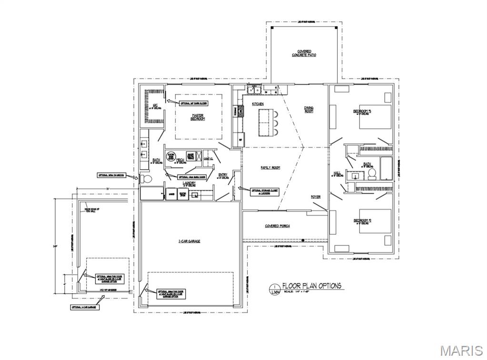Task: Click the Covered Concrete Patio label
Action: [304, 53]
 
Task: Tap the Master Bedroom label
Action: [198, 117]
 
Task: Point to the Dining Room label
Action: [308, 110]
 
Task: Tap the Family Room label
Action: [270, 168]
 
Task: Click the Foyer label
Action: [316, 197]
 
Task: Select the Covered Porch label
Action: [278, 226]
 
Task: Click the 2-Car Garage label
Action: [189, 241]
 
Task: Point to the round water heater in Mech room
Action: [170, 156]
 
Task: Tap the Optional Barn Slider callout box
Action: [194, 103]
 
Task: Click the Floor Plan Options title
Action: [311, 286]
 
